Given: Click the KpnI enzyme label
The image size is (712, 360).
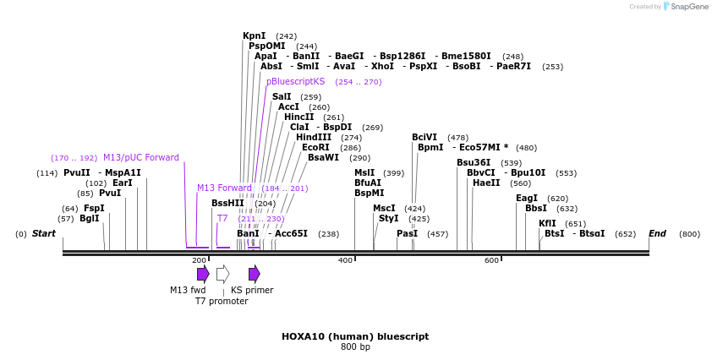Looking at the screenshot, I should [255, 35].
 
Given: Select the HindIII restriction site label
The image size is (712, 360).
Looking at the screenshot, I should [314, 137].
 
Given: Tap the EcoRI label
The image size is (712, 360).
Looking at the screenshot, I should [315, 147].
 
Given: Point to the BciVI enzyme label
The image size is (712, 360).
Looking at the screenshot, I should [424, 137].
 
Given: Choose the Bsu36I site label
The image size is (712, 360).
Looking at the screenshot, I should [474, 162].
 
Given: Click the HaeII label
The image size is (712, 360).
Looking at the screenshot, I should [486, 183].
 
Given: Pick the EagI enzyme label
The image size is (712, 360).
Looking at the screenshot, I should [527, 198].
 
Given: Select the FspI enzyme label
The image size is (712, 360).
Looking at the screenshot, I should [94, 208].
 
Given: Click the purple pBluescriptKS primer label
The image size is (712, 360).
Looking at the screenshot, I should [295, 81].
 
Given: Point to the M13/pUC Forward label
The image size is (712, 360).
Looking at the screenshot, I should [141, 157].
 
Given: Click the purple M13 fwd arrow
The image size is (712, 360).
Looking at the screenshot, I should [203, 273].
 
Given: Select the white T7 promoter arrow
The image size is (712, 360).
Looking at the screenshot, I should [222, 273].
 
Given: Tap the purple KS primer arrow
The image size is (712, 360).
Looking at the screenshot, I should [255, 273].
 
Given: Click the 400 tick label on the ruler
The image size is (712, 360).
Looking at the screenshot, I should [345, 260].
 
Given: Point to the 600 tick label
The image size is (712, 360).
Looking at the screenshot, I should [491, 260].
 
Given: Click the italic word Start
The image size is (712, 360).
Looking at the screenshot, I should [44, 233].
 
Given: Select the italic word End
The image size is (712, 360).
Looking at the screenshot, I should [657, 233].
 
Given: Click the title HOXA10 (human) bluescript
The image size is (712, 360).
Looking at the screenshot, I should [355, 335].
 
